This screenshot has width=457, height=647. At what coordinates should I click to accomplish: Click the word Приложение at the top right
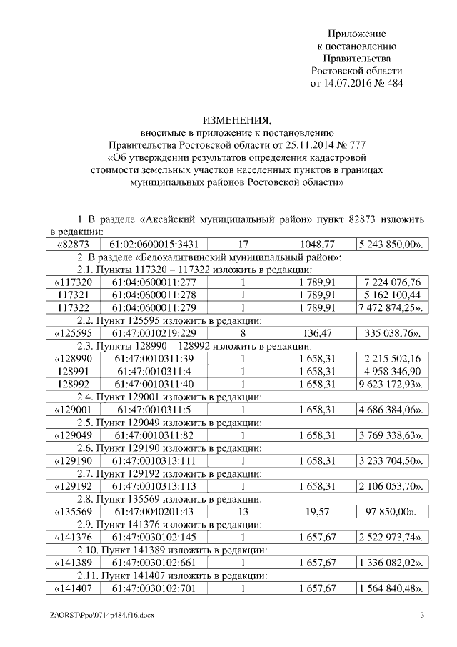356,34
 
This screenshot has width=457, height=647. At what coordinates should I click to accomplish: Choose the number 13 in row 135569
243,512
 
